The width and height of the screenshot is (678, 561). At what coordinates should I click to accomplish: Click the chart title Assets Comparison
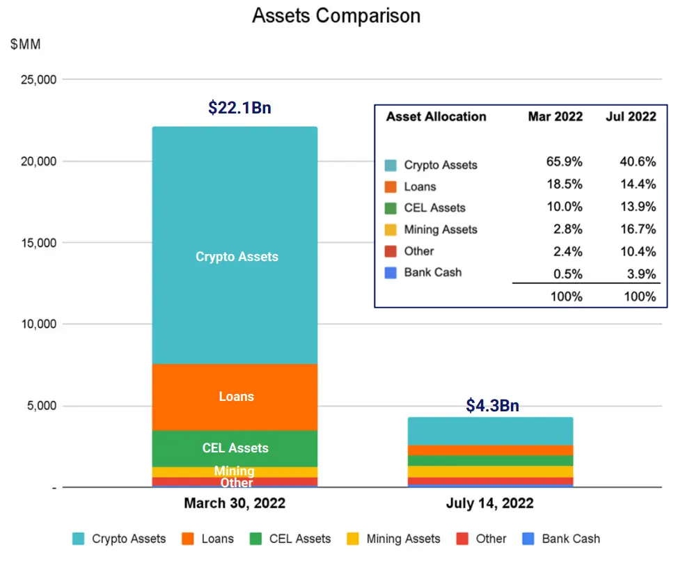(x=336, y=16)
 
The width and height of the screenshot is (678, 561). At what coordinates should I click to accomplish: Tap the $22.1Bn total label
(x=239, y=108)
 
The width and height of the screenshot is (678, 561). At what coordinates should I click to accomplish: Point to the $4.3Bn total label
(x=492, y=405)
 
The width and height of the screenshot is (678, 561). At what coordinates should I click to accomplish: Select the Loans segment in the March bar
(x=235, y=397)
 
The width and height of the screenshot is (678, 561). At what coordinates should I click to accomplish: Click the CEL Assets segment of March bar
(x=235, y=448)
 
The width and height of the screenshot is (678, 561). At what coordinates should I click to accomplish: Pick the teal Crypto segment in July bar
(x=490, y=431)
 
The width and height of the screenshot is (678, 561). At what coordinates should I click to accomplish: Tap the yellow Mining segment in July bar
(x=490, y=471)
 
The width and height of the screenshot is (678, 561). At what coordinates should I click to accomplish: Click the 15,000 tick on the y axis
(x=39, y=243)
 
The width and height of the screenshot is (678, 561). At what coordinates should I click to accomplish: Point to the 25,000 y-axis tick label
(x=39, y=79)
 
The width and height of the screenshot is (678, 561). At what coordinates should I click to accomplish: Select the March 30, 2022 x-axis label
(x=235, y=503)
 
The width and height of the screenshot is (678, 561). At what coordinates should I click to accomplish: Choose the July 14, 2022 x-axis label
(x=490, y=503)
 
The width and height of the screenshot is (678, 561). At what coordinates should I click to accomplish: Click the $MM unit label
(x=26, y=44)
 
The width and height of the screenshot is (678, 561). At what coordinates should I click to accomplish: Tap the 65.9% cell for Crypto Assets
(x=565, y=161)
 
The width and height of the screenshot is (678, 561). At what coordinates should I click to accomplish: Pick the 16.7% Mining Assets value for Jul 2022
(x=638, y=229)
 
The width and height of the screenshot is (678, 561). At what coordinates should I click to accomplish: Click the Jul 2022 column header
(x=631, y=116)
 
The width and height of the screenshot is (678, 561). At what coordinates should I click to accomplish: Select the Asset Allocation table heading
(x=436, y=116)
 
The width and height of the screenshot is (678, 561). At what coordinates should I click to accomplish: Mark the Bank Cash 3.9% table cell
(x=642, y=274)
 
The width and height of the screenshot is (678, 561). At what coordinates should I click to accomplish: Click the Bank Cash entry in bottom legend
(x=561, y=539)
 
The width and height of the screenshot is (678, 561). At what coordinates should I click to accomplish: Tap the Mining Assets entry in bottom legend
(x=393, y=539)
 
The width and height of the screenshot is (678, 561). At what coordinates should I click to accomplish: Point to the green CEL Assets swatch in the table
(x=391, y=208)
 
